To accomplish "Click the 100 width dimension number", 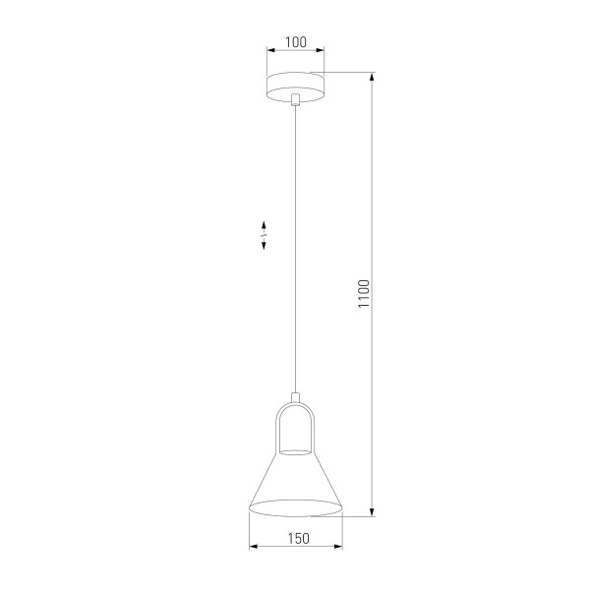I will coord(295,42).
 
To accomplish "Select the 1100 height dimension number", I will coord(363,295).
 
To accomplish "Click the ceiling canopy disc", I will coord(296,85).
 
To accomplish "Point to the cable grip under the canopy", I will coord(296,98).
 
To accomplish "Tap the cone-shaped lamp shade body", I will coord(296,482).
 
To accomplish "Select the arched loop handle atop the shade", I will coord(296,423).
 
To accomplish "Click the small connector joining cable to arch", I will coord(296,398).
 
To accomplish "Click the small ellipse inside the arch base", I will coord(296,450).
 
